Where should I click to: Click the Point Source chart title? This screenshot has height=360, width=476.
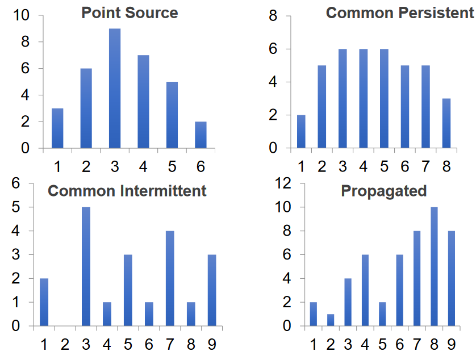[130, 12]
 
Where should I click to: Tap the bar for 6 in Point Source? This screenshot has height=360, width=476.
[201, 135]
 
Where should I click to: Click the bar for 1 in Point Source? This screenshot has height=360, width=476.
[57, 128]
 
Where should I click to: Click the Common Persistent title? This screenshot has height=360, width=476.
[399, 12]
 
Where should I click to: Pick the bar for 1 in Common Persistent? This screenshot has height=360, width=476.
[301, 132]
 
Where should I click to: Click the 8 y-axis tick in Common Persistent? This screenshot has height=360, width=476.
[273, 16]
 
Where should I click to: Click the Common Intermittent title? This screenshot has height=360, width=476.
[127, 191]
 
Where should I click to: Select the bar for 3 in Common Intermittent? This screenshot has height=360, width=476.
[86, 267]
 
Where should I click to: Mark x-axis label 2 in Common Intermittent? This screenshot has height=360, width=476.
[65, 344]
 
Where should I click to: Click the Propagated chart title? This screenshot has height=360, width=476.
[383, 191]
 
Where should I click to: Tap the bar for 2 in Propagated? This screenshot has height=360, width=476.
[331, 320]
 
